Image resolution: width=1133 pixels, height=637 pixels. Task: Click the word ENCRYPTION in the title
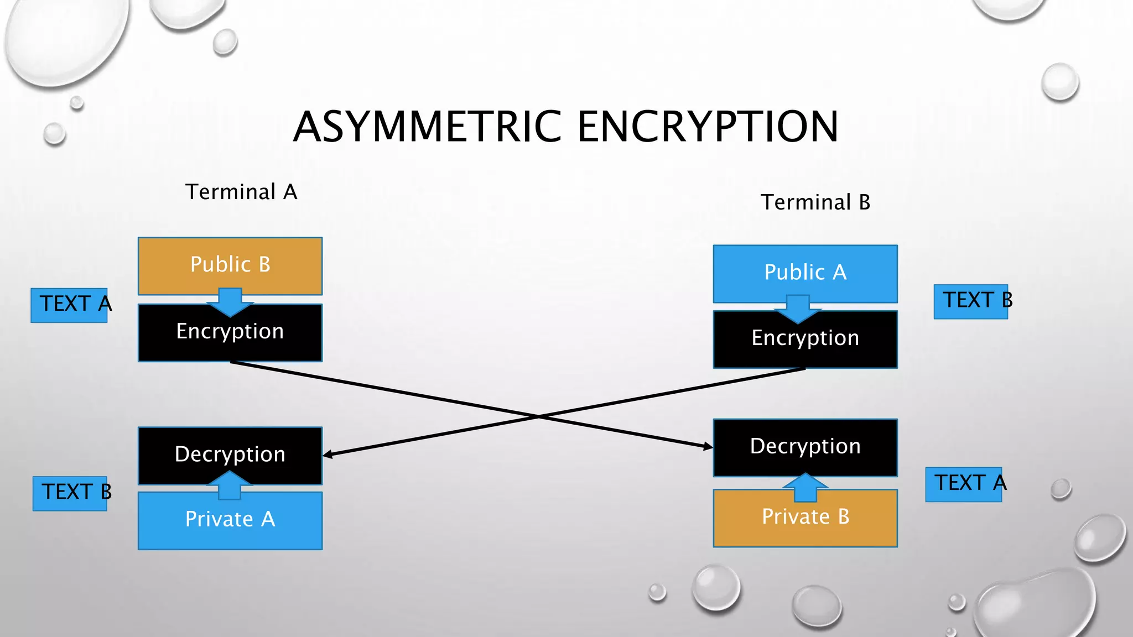(708, 127)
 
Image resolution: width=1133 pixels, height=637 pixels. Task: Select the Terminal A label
(241, 192)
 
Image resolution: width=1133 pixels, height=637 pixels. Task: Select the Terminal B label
(815, 202)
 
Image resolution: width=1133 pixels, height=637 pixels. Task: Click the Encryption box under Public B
(230, 335)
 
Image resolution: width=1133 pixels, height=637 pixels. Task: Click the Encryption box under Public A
(805, 342)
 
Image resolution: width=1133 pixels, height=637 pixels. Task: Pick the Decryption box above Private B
(805, 445)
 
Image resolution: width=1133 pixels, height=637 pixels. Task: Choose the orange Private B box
(805, 519)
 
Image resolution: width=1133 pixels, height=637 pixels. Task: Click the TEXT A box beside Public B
(70, 305)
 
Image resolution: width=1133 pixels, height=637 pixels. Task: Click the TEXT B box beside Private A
(70, 493)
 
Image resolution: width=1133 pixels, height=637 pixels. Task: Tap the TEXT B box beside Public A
(970, 301)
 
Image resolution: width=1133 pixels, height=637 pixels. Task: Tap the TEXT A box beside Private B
(964, 484)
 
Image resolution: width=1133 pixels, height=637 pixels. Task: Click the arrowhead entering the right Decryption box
(708, 446)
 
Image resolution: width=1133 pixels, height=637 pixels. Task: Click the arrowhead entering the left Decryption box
(328, 455)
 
